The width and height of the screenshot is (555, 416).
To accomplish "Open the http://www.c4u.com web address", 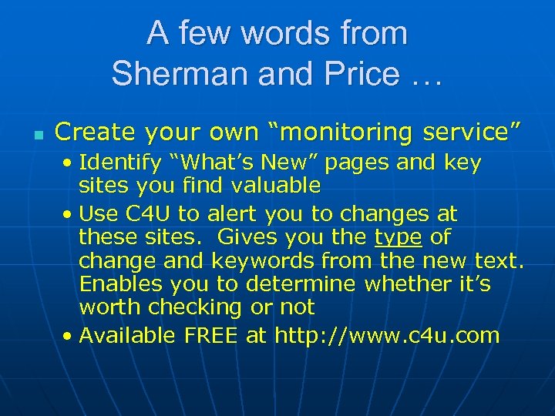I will pyautogui.click(x=387, y=335).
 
